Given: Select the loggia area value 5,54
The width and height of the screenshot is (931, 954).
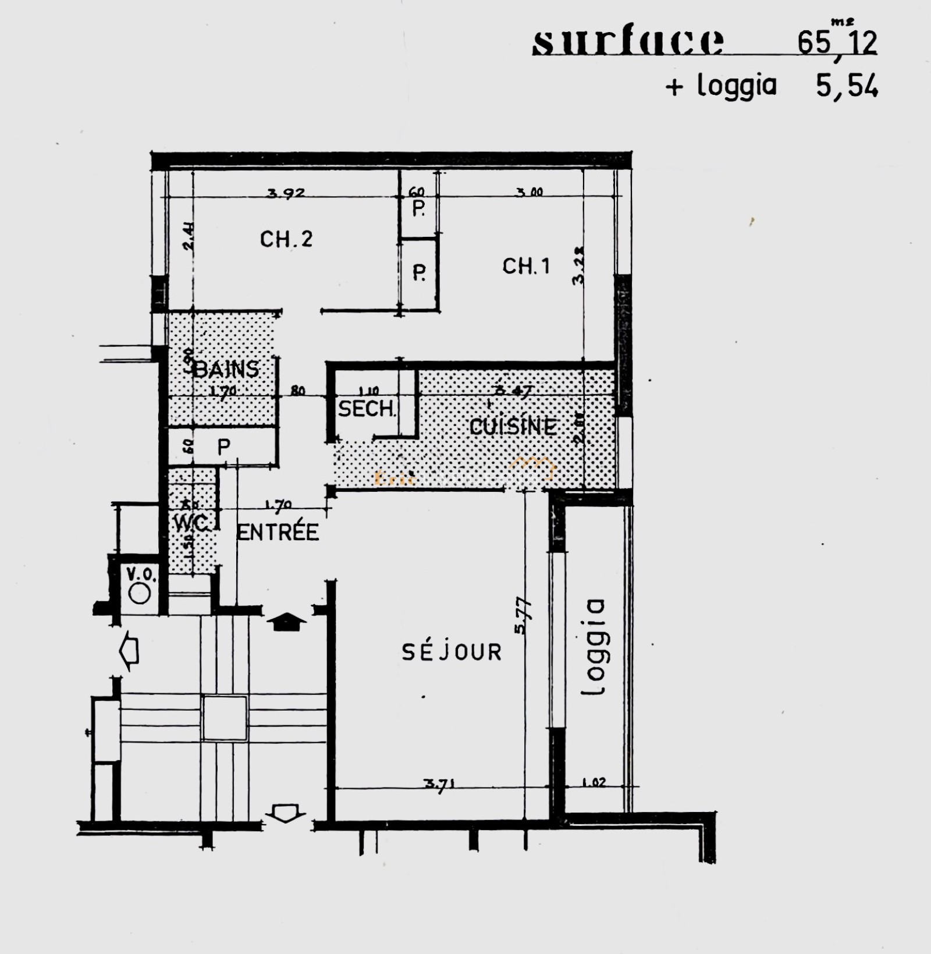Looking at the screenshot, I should pyautogui.click(x=847, y=87).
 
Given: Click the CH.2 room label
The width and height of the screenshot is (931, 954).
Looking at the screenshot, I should pyautogui.click(x=286, y=239).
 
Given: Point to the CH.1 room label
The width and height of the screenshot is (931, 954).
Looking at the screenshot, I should pyautogui.click(x=526, y=266).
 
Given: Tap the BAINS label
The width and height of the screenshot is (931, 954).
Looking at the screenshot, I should pyautogui.click(x=227, y=369).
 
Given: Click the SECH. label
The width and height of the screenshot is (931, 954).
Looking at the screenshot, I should pyautogui.click(x=367, y=409).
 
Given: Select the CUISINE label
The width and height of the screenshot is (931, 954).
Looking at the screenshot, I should pyautogui.click(x=513, y=427).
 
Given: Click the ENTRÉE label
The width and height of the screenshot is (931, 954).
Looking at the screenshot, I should pyautogui.click(x=278, y=532).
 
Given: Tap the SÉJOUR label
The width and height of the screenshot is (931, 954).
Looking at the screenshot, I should pyautogui.click(x=452, y=652).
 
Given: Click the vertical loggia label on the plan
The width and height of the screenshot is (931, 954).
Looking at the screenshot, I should pyautogui.click(x=594, y=647).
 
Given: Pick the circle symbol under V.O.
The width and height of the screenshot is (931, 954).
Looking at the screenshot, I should pyautogui.click(x=140, y=594).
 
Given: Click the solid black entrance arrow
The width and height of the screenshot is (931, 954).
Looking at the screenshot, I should pyautogui.click(x=286, y=622).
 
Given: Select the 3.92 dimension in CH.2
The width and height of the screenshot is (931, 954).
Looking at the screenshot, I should pyautogui.click(x=286, y=193).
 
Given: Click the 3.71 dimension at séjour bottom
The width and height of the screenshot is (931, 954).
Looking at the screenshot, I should pyautogui.click(x=439, y=784).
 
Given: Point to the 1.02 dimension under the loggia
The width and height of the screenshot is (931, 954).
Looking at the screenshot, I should pyautogui.click(x=594, y=782).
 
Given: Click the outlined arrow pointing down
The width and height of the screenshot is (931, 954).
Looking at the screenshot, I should pyautogui.click(x=285, y=813).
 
